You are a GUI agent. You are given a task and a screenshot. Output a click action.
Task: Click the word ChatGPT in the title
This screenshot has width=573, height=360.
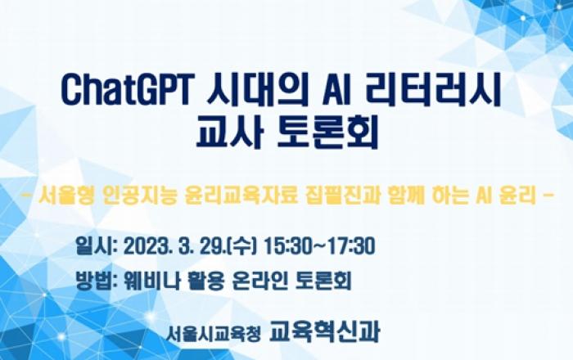point(125,89)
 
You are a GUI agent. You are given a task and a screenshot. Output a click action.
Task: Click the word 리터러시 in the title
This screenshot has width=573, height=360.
point(433,89)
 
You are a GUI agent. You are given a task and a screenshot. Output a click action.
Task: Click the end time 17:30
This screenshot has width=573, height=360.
point(351,246)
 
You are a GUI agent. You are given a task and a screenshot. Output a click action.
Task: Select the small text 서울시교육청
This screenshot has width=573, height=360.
point(214,333)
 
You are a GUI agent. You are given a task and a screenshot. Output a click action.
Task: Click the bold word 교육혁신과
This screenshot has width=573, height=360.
point(324,332)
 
